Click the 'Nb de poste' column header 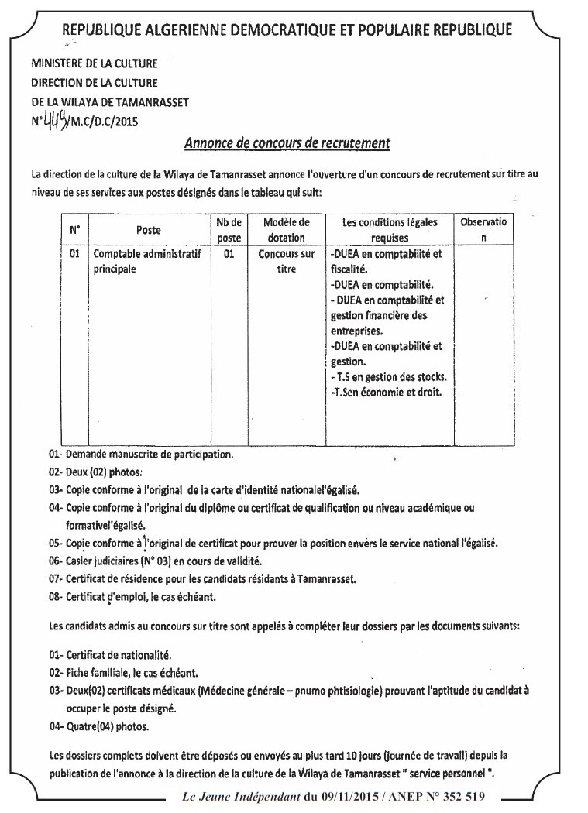229,230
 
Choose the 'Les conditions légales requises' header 389,230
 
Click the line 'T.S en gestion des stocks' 390,377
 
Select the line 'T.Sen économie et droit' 385,393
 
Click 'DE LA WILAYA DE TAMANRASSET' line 109,101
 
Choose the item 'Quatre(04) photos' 99,728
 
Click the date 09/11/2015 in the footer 342,797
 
